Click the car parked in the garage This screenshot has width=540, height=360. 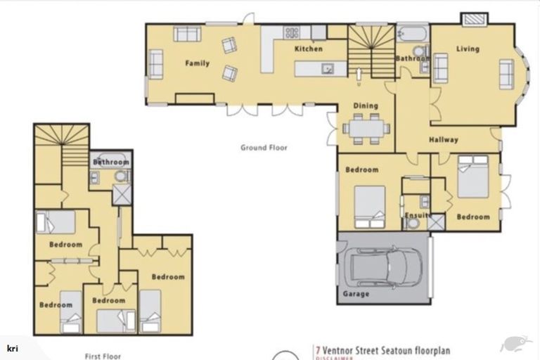pos(384,266)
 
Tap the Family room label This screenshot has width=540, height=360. pos(198,64)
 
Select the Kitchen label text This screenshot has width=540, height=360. pos(308,49)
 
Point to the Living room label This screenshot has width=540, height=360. pos(468,49)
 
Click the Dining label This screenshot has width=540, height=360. pos(366,106)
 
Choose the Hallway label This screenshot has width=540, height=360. pos(444,140)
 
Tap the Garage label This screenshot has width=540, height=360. pos(356,295)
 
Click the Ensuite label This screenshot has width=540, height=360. pos(416,216)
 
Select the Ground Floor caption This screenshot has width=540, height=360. pos(264,148)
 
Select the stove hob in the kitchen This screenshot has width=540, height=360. pos(292,32)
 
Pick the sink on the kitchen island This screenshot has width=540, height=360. pos(327,68)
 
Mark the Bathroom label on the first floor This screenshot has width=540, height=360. pos(110,162)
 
